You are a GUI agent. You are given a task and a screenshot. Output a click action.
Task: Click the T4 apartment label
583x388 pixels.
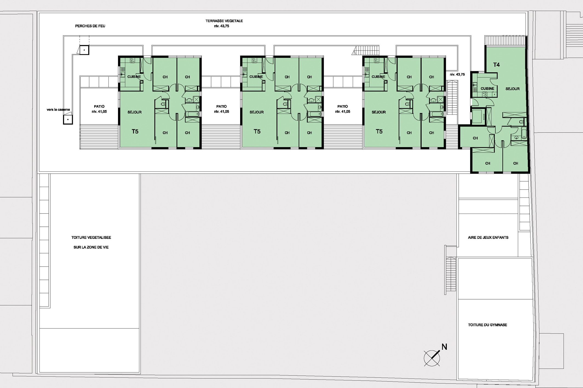[496, 65]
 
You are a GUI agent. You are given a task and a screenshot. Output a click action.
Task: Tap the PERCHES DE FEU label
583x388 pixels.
[90, 26]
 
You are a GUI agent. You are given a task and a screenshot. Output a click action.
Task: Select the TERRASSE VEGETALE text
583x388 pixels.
[224, 21]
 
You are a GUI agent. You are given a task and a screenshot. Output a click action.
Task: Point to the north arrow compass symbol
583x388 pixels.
[432, 358]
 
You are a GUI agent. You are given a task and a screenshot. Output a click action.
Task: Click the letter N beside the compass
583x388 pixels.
[444, 347]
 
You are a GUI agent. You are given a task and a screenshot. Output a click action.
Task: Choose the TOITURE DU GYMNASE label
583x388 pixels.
[487, 325]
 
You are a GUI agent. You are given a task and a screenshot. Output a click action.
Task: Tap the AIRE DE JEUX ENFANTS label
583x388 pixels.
[488, 238]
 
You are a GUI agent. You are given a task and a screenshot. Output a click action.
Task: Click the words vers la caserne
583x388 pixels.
[58, 110]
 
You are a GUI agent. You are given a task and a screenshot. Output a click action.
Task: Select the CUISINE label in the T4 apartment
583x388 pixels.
[487, 89]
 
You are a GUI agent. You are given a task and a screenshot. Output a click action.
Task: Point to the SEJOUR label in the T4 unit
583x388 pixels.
[512, 89]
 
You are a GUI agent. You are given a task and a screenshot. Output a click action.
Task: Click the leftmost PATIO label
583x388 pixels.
[99, 107]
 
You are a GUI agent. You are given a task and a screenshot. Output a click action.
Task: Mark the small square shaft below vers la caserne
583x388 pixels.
[68, 120]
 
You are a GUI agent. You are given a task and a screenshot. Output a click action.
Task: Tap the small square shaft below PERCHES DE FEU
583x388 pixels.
[84, 50]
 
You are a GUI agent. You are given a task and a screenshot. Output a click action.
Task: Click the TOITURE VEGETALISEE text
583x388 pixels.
[91, 238]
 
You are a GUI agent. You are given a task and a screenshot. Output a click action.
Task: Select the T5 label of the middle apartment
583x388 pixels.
[257, 132]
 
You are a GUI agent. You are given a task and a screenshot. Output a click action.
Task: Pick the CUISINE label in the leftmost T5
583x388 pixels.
[134, 77]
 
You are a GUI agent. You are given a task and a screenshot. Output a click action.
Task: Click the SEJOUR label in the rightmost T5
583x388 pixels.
[379, 112]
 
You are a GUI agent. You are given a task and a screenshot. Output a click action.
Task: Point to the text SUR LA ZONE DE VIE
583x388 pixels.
[91, 247]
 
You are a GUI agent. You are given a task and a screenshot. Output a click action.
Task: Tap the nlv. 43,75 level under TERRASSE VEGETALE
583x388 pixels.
[222, 26]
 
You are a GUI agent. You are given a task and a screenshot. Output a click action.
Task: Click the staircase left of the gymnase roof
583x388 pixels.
[451, 274]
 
